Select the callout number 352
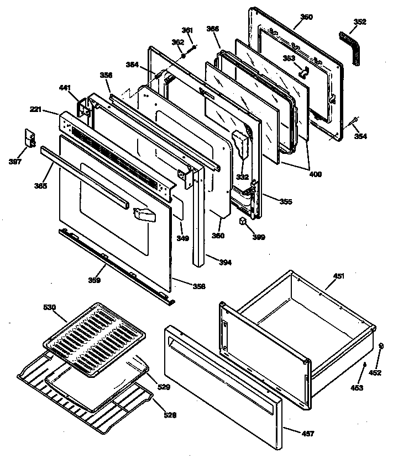tap(360, 23)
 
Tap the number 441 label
tap(65, 88)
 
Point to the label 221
tap(51, 110)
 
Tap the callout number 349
tap(182, 238)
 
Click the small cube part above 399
tap(242, 222)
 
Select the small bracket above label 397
tap(31, 138)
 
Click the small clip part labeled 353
tap(302, 70)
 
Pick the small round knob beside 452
tap(381, 346)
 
